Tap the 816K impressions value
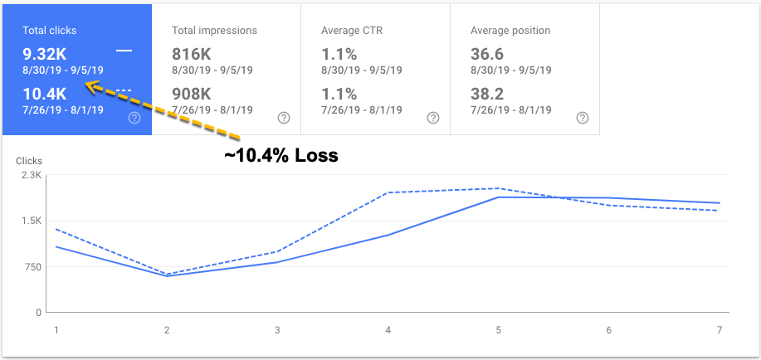click(193, 54)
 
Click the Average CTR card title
click(352, 31)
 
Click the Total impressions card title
click(214, 31)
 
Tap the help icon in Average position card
click(583, 118)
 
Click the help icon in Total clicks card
click(134, 118)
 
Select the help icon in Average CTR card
click(432, 118)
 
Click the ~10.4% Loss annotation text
click(280, 155)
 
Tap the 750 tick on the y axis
click(32, 267)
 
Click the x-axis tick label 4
click(388, 329)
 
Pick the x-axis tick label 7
click(719, 329)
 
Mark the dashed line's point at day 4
click(388, 192)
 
